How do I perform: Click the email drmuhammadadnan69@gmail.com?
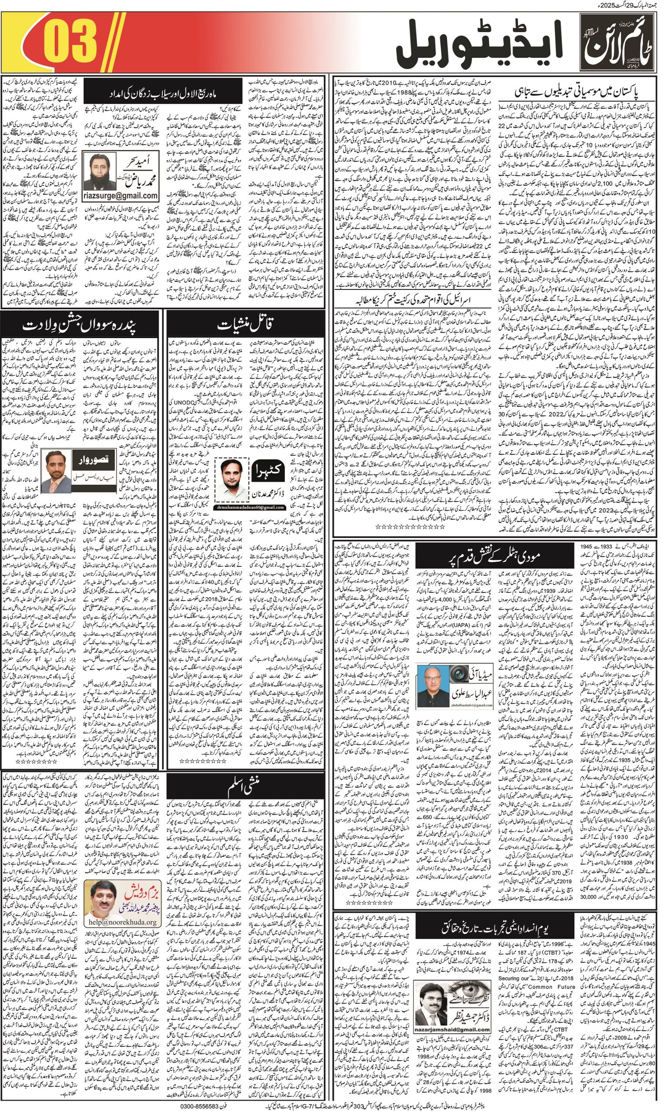tap(250, 507)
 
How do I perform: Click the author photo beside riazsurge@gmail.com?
tap(100, 171)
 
